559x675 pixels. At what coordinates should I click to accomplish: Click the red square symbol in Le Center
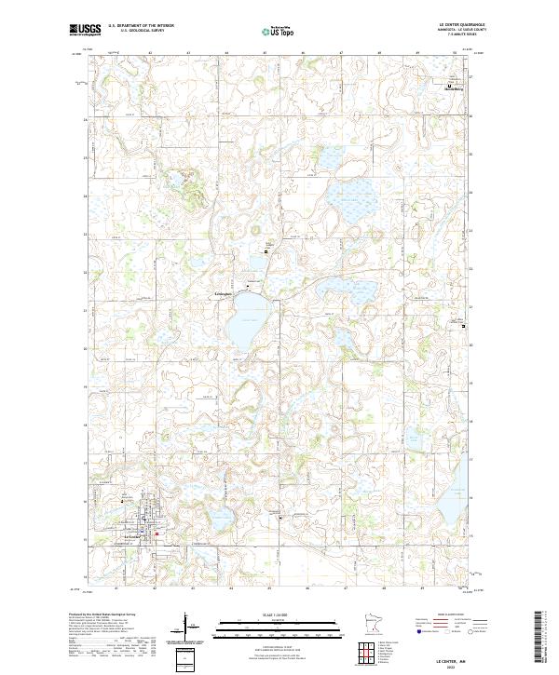point(157,533)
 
